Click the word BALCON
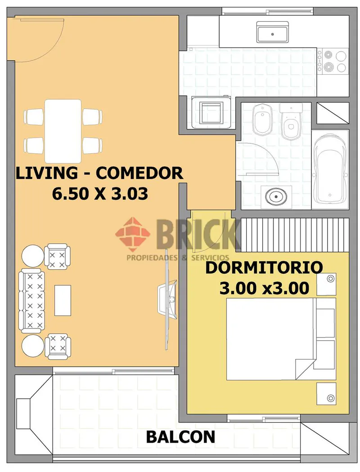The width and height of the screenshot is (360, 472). coord(180,437)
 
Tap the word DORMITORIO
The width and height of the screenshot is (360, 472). coord(264,267)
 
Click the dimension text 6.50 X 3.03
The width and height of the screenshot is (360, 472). coord(100,194)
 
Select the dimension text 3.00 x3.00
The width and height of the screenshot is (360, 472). coord(264,288)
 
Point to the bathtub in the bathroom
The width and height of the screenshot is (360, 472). coord(330,169)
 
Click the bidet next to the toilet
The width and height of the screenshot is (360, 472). coord(262,120)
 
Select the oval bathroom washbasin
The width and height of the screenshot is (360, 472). coord(276,196)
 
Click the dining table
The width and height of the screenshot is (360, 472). coord(63,131)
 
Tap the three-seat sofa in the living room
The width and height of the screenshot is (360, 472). coord(32,300)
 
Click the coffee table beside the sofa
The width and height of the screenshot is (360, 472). coord(63,300)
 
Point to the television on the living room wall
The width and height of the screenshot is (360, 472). coord(166,299)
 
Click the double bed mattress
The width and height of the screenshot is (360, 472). coord(270,338)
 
